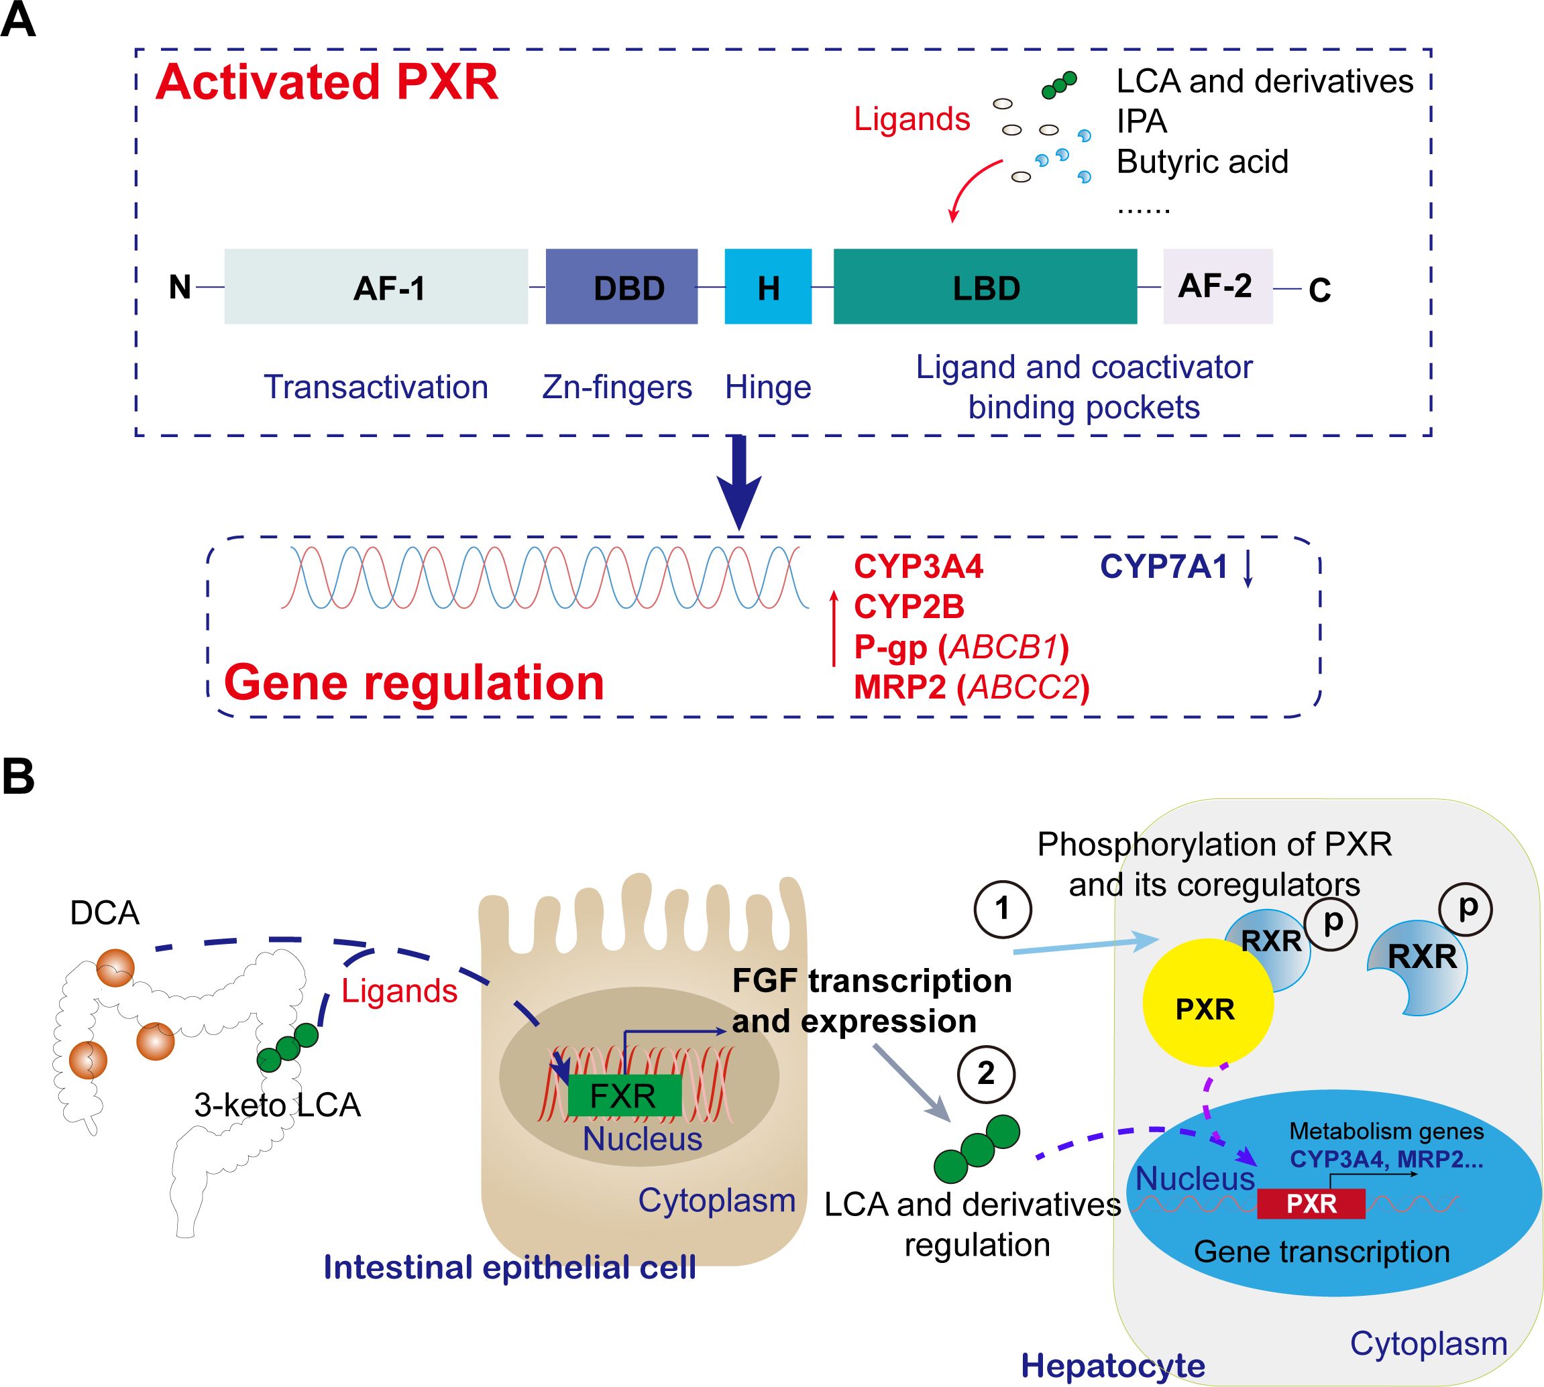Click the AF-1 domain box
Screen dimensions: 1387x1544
tap(376, 286)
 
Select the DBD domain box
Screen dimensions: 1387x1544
tap(621, 286)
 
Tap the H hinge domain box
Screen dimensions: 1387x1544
tap(768, 286)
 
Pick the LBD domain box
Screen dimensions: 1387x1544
tap(985, 286)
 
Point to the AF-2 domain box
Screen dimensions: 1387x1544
tap(1217, 286)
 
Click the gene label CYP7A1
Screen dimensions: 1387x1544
tap(1164, 566)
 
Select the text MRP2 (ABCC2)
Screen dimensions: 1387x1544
tap(971, 686)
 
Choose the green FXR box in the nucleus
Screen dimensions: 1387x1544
tap(624, 1095)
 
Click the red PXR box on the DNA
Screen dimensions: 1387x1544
tap(1311, 1203)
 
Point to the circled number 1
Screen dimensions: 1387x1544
tap(1002, 908)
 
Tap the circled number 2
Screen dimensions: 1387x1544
tap(986, 1073)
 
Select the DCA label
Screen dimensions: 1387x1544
tap(105, 912)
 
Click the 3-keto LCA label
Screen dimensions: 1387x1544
tap(277, 1104)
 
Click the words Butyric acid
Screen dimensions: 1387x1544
tap(1202, 162)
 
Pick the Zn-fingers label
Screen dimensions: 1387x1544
tap(617, 387)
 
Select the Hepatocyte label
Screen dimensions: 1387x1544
tap(1113, 1365)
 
